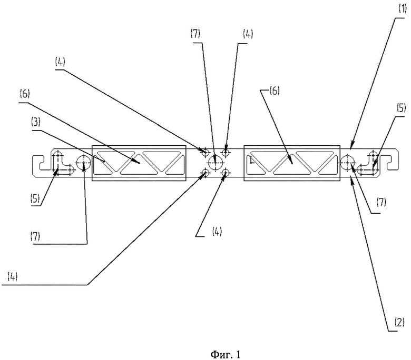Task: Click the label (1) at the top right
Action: point(403,9)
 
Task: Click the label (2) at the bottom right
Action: point(399,323)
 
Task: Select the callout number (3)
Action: point(35,122)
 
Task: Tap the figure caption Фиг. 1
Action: point(226,355)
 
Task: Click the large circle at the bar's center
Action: point(216,163)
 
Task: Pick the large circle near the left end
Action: point(84,162)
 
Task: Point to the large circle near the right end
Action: point(348,162)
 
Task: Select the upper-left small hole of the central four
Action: point(205,152)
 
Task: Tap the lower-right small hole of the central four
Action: point(226,173)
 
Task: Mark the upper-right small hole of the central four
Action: point(226,152)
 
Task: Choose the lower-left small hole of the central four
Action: point(205,173)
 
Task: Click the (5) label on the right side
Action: point(401,108)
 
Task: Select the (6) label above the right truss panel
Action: point(275,91)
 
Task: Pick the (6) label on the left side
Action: point(24,94)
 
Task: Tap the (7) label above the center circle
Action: point(195,34)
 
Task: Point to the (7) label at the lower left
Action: point(35,236)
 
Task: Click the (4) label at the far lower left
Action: point(12,276)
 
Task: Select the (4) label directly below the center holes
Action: point(217,232)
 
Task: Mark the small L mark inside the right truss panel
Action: point(252,160)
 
